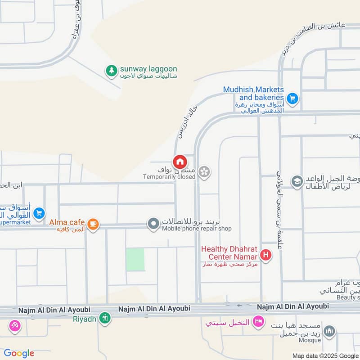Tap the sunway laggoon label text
coord(148,69)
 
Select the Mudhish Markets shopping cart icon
coord(293,97)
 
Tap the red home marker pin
coord(179,162)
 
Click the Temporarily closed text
coord(169,177)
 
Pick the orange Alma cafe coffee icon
coord(93,224)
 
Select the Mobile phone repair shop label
coord(197,229)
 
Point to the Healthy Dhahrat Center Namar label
coord(229,252)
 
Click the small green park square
coord(135,259)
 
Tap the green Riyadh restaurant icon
coord(105,318)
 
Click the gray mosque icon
coord(330,331)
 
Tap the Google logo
coord(19,353)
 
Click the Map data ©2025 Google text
coord(325,355)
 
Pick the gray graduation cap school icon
coord(297,181)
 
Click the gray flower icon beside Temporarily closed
coord(204,172)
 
